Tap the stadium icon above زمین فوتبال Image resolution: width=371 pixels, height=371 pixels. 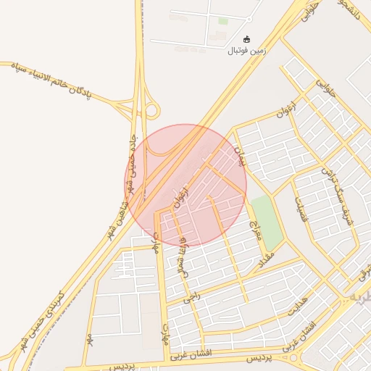(247, 39)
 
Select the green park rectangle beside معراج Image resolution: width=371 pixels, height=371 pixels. (267, 222)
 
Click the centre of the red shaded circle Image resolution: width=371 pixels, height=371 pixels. (185, 185)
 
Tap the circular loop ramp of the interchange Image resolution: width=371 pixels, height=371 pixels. (151, 110)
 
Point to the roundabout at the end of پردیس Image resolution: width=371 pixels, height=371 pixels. (293, 357)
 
